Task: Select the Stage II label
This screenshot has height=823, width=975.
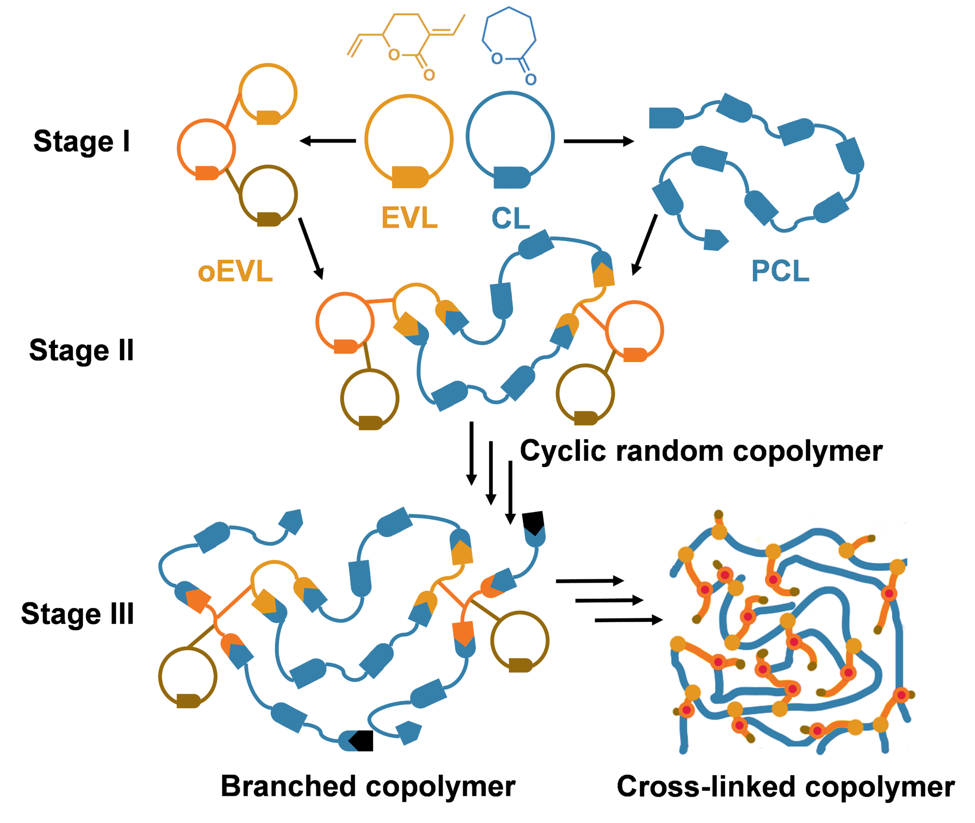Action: pyautogui.click(x=82, y=350)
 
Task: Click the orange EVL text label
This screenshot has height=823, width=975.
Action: pyautogui.click(x=409, y=218)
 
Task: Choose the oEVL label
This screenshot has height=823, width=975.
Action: pyautogui.click(x=235, y=271)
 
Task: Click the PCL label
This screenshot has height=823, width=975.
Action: pyautogui.click(x=780, y=271)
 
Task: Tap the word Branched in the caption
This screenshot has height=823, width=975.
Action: pyautogui.click(x=288, y=786)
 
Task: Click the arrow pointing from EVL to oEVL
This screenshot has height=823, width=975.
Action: pyautogui.click(x=327, y=140)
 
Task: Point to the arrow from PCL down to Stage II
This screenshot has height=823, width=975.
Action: pyautogui.click(x=644, y=245)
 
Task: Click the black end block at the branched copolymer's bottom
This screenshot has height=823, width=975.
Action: pyautogui.click(x=362, y=741)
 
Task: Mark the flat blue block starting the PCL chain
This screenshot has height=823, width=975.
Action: pyautogui.click(x=666, y=118)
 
